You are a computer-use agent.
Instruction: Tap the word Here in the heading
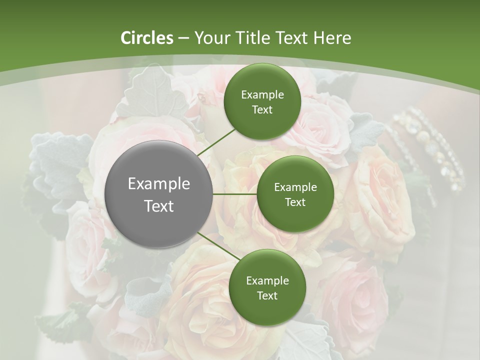pos(332,38)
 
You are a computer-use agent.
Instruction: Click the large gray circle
pos(159,193)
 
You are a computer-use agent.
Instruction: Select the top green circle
pos(262,101)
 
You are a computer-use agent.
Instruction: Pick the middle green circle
pos(295,194)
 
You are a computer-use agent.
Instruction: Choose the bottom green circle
pos(267,287)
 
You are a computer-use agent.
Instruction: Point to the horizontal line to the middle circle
pos(235,194)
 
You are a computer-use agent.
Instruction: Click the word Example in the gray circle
pos(159,184)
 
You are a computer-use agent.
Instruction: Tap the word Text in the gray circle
pos(159,206)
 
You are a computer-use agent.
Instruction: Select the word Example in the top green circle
pos(262,95)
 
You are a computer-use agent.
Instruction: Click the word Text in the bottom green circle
pos(267,295)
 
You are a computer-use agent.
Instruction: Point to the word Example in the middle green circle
pos(295,187)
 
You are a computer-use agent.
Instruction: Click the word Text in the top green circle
pos(262,110)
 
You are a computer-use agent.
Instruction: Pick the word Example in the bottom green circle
pos(267,280)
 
